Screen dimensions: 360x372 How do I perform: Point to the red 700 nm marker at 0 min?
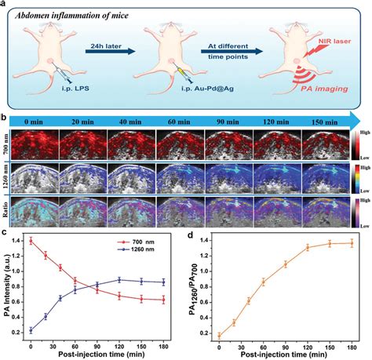(31, 241)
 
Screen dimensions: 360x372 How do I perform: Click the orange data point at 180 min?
(350, 243)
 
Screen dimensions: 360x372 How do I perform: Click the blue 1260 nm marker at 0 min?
(31, 330)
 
